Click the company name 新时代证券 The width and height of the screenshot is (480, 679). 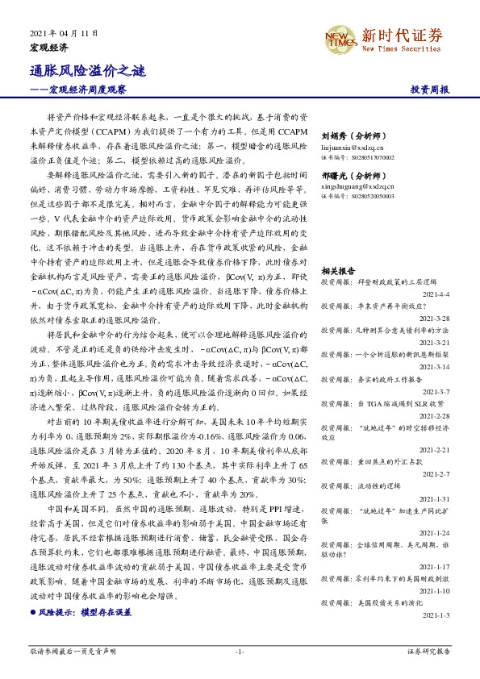pyautogui.click(x=401, y=35)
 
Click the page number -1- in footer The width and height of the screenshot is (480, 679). pyautogui.click(x=240, y=650)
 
